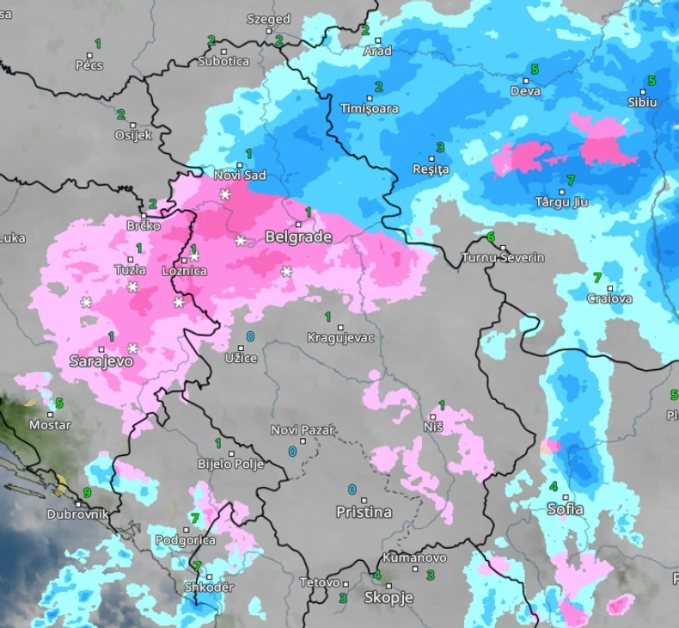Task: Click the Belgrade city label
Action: (x=298, y=237)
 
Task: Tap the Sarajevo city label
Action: (x=101, y=361)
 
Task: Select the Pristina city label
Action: (x=364, y=512)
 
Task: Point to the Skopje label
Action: (x=388, y=597)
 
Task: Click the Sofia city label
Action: (x=565, y=509)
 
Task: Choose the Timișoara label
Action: (x=370, y=108)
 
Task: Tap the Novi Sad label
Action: (x=240, y=175)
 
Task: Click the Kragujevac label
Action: (x=341, y=337)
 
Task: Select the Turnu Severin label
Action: (x=503, y=257)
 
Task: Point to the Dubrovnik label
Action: (x=78, y=514)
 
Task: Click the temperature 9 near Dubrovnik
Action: (x=87, y=493)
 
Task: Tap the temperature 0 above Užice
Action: (x=250, y=336)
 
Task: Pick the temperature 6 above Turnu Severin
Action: (x=491, y=237)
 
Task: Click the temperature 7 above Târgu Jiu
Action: (x=570, y=181)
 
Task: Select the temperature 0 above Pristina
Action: (x=352, y=489)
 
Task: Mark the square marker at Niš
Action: (x=432, y=416)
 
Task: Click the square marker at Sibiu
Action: (x=642, y=91)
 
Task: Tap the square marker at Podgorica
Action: (x=187, y=530)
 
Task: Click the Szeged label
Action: (x=268, y=19)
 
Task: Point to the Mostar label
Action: (x=50, y=425)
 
